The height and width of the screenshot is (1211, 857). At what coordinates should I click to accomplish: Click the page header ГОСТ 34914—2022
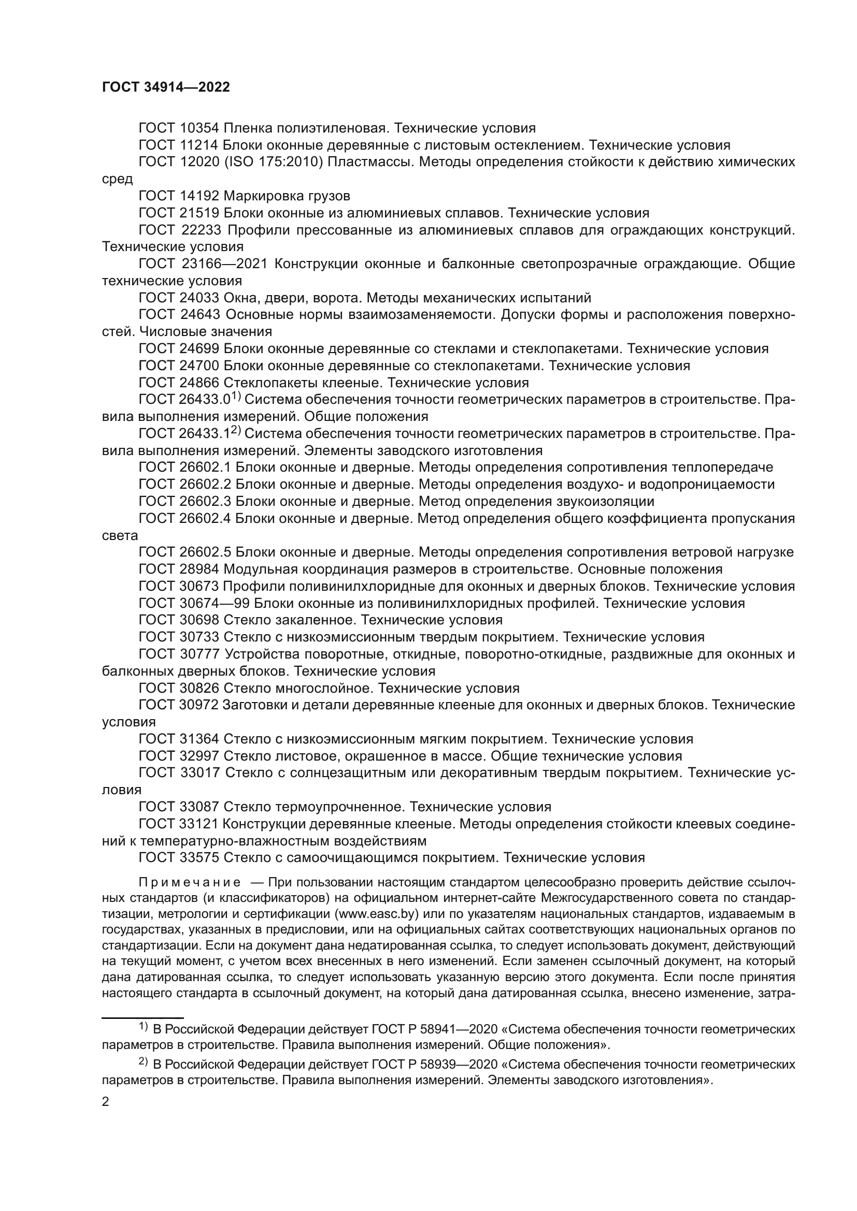click(x=166, y=87)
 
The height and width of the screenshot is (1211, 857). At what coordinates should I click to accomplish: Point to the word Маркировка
click(x=261, y=196)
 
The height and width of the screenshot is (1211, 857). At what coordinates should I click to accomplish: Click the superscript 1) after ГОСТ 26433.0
click(x=235, y=396)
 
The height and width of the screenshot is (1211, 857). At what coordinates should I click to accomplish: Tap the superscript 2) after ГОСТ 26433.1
click(x=235, y=430)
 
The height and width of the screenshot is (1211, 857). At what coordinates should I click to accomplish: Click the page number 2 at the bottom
click(x=106, y=1102)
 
